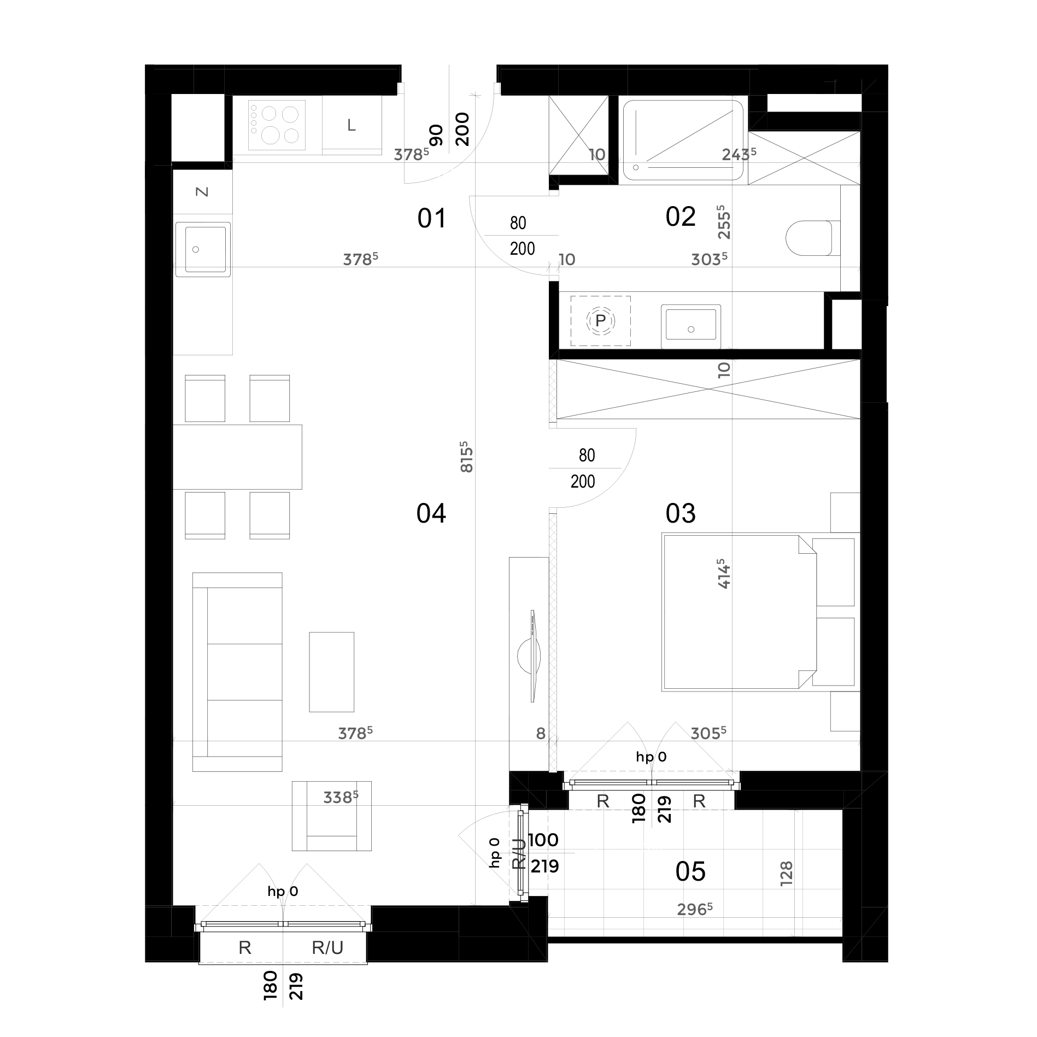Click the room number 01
tap(432, 218)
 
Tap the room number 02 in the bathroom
tap(681, 216)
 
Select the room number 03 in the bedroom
tap(681, 513)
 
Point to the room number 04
tap(431, 513)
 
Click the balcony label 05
tap(690, 871)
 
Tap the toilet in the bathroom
tap(809, 238)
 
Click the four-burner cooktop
tap(277, 125)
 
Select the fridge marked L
tap(351, 125)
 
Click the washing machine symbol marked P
tap(600, 321)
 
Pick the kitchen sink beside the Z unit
tap(202, 249)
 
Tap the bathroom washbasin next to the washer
tap(690, 326)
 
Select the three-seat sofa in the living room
tap(237, 672)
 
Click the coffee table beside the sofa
tap(331, 672)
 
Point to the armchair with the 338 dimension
tap(331, 816)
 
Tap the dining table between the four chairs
tap(237, 456)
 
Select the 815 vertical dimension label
tap(466, 457)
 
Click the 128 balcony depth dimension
tap(786, 874)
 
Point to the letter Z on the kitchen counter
tap(202, 192)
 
